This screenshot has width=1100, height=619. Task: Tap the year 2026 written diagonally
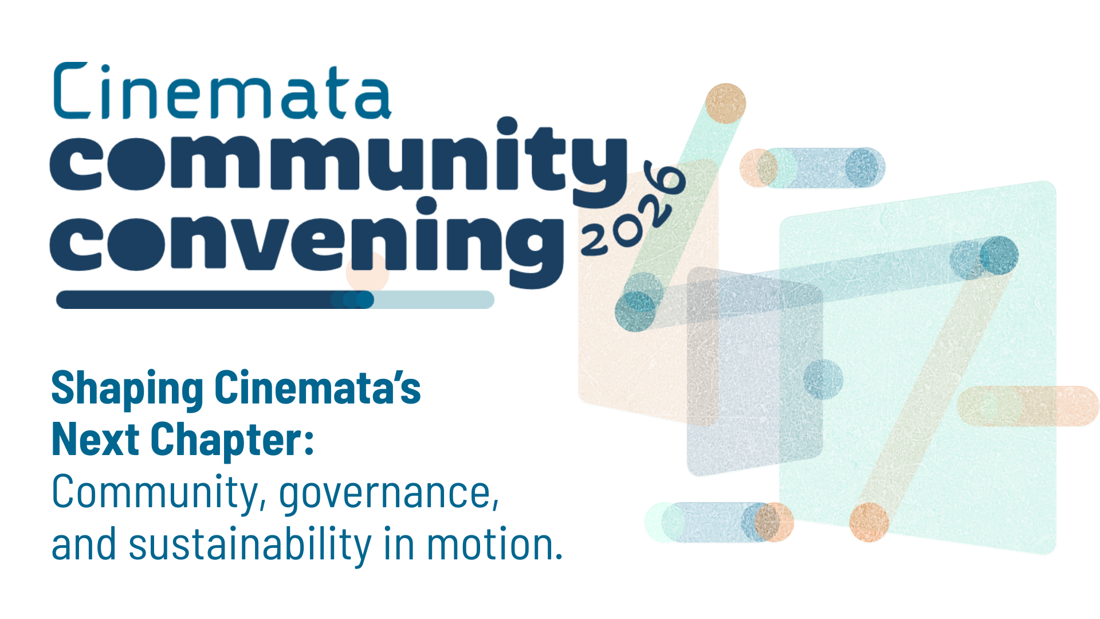[x=633, y=209]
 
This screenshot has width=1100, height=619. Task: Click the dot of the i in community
[x=507, y=126]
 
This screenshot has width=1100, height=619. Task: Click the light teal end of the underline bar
[x=434, y=300]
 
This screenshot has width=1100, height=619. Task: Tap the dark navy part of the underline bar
[x=215, y=300]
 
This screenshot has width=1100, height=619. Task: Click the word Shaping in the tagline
[x=127, y=390]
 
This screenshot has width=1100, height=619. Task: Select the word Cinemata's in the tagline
[x=318, y=388]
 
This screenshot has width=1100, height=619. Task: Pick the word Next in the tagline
[x=96, y=440]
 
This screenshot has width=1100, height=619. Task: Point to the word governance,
[x=390, y=493]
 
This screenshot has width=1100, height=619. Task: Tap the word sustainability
[x=250, y=544]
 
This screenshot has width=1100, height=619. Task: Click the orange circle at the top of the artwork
[x=725, y=104]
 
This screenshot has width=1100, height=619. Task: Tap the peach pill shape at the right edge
[x=1028, y=406]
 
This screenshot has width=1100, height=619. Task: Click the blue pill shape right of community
[x=821, y=168]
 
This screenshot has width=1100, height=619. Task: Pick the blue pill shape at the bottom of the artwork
[x=720, y=522]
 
